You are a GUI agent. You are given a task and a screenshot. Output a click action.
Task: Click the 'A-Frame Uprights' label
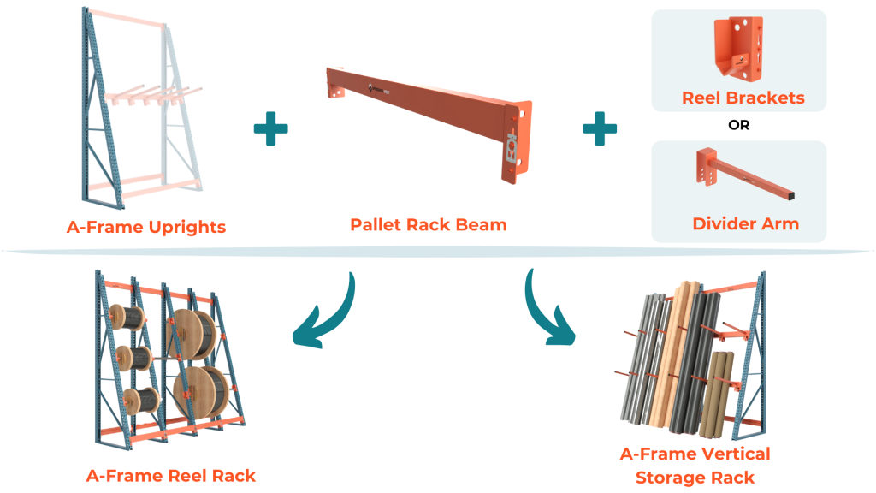pos(146,227)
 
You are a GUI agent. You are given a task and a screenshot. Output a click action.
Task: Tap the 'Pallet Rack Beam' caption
pos(428,225)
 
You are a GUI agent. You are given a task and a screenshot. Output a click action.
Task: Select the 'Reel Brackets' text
pos(743,98)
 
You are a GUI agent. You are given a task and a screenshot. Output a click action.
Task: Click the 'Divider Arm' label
pos(745,224)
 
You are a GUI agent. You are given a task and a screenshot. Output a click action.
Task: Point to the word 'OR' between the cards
pos(738,125)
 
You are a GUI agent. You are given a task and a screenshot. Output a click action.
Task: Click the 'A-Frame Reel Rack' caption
pos(170,475)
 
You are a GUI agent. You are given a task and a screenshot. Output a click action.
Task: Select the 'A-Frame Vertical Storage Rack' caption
pos(695,465)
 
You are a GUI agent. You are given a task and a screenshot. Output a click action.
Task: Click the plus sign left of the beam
pos(270,129)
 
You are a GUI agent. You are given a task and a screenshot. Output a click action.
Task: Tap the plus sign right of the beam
pos(600,129)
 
